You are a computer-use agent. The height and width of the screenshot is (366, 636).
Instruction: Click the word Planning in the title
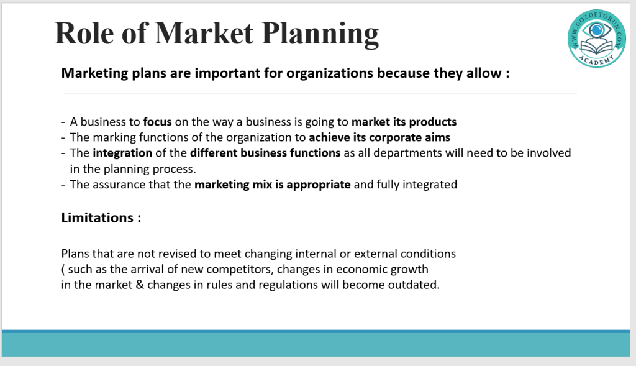[320, 34]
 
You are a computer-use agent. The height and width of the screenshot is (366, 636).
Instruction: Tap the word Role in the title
[84, 33]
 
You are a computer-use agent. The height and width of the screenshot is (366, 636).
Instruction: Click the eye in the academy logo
[597, 30]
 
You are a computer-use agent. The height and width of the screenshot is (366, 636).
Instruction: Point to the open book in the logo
[597, 47]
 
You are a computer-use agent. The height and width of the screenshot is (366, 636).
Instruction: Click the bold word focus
[157, 122]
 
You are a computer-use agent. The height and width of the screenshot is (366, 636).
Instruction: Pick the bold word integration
[122, 153]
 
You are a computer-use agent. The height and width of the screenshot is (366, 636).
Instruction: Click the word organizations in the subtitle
[330, 73]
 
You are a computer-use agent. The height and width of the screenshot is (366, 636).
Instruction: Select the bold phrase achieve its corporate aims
[379, 137]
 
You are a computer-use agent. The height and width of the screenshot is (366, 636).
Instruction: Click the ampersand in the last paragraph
[140, 285]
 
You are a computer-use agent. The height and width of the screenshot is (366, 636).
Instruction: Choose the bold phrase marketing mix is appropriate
[273, 185]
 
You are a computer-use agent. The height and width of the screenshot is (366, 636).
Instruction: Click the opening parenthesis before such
[63, 270]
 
